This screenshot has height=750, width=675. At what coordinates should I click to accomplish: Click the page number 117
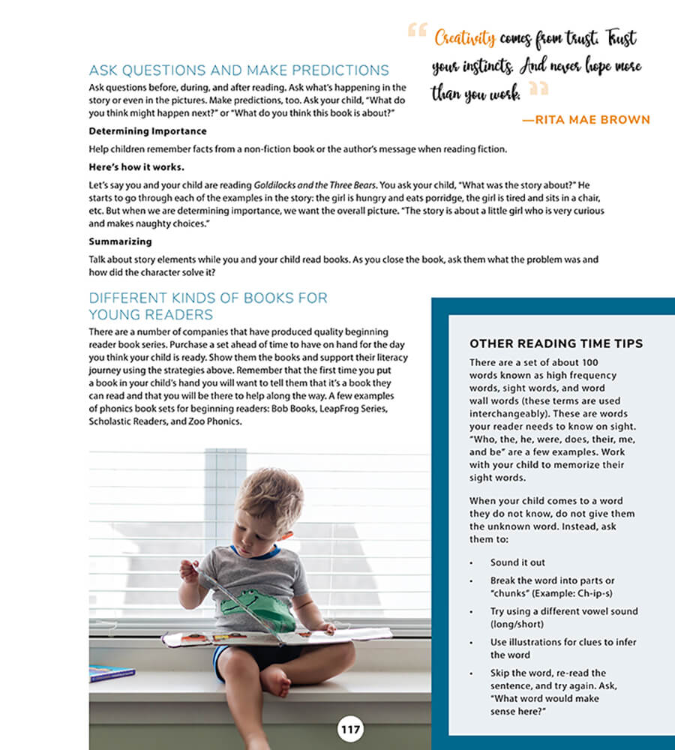350,728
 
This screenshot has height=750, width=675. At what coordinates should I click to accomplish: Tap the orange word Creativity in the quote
464,37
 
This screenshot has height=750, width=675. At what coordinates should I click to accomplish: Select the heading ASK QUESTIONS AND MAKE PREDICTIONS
238,70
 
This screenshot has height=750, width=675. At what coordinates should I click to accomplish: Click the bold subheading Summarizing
120,241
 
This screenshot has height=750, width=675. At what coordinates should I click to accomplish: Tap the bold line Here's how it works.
136,166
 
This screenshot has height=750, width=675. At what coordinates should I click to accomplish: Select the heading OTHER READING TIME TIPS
556,343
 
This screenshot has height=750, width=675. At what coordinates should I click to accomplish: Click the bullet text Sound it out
517,562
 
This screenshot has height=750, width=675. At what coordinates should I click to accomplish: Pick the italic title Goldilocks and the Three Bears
315,184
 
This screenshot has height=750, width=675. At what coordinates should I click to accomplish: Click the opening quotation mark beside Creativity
417,31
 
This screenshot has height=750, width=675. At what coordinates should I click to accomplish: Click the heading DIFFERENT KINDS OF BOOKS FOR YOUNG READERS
208,306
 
